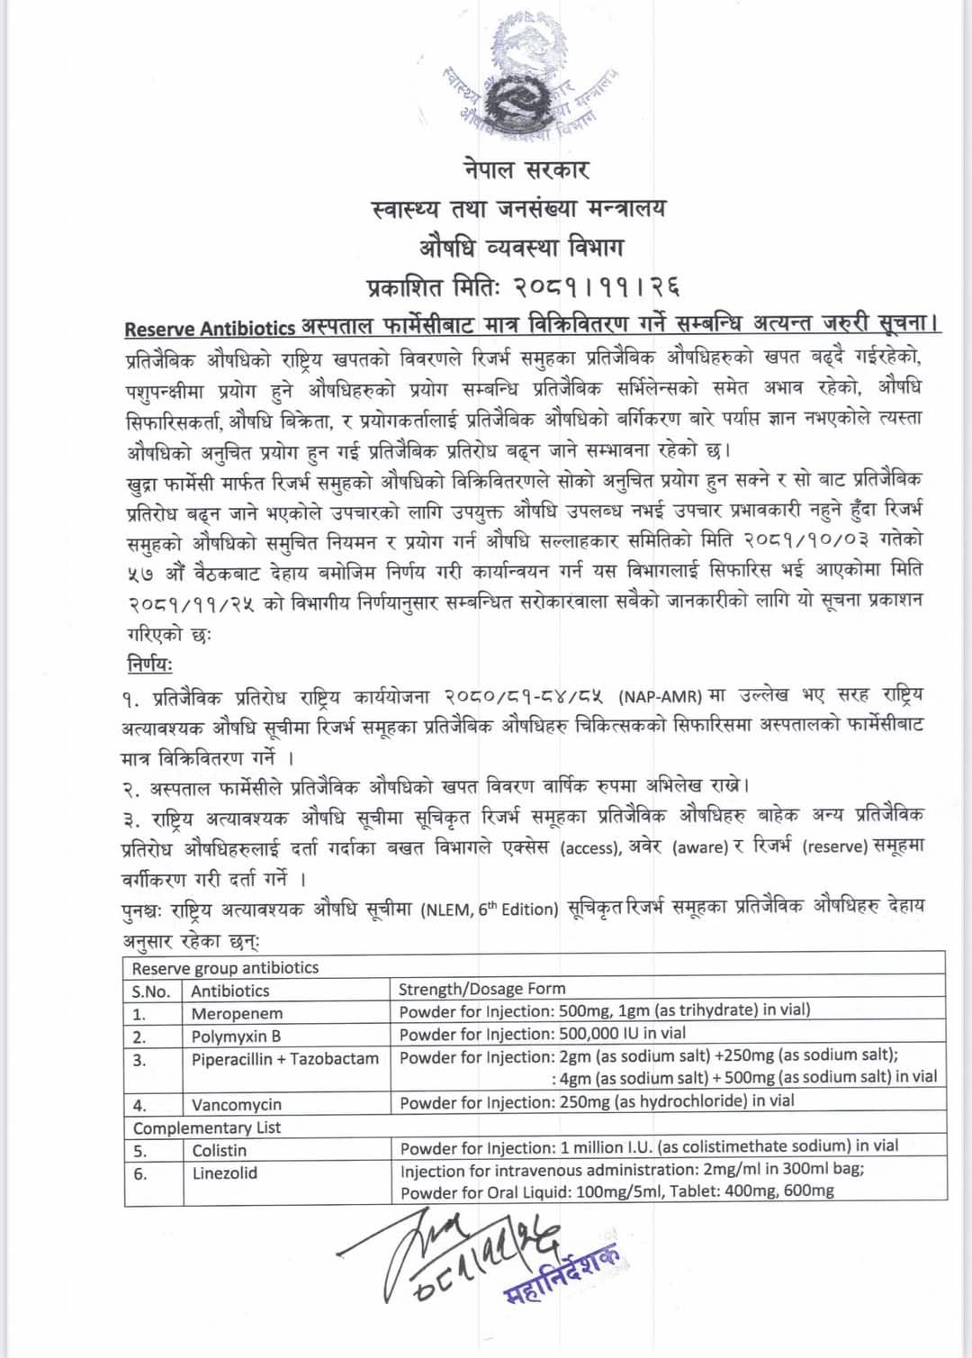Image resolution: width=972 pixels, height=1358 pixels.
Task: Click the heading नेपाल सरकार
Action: tap(526, 170)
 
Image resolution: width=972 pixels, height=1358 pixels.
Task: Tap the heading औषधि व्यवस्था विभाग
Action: tap(521, 247)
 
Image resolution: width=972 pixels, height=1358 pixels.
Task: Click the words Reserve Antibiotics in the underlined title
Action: tap(210, 329)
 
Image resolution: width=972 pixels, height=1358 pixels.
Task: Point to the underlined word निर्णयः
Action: tap(149, 665)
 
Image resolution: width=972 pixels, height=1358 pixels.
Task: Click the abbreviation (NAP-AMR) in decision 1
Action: tap(660, 696)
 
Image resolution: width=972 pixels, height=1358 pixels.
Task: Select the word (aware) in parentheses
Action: tap(700, 847)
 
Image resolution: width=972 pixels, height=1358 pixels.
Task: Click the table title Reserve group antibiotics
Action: tap(225, 968)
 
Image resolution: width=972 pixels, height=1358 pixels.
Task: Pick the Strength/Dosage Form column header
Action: tap(482, 989)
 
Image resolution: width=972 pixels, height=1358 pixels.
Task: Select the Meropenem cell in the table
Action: tap(237, 1013)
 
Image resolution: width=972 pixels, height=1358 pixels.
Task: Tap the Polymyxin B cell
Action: tap(236, 1036)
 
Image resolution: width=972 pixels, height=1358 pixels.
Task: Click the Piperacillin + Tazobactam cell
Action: tap(285, 1059)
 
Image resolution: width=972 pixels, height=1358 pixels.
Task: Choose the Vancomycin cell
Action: tap(237, 1104)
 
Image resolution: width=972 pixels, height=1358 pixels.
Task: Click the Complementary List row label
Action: tap(207, 1127)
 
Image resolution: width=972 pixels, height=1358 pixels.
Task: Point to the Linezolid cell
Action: tap(225, 1172)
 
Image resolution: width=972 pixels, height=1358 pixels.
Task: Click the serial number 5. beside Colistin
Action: tap(140, 1151)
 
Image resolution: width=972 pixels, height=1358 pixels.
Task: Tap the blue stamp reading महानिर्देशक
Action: tap(562, 1277)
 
